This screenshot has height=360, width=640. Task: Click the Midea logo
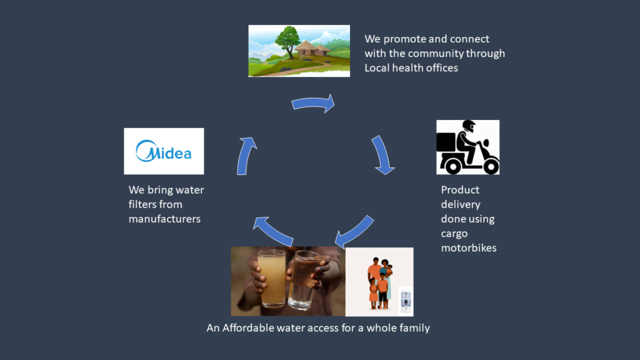pyautogui.click(x=164, y=151)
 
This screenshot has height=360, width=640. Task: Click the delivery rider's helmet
pyautogui.click(x=468, y=126)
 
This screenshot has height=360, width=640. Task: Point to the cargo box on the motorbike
pyautogui.click(x=446, y=142)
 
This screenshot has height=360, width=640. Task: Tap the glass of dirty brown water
pyautogui.click(x=272, y=277)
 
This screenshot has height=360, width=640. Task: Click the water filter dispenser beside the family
pyautogui.click(x=405, y=300)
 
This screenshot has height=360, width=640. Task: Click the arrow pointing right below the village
pyautogui.click(x=313, y=103)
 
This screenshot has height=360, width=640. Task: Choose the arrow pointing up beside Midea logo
pyautogui.click(x=246, y=156)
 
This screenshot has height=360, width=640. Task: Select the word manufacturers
pyautogui.click(x=164, y=218)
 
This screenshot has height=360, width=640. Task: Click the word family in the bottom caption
pyautogui.click(x=414, y=327)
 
